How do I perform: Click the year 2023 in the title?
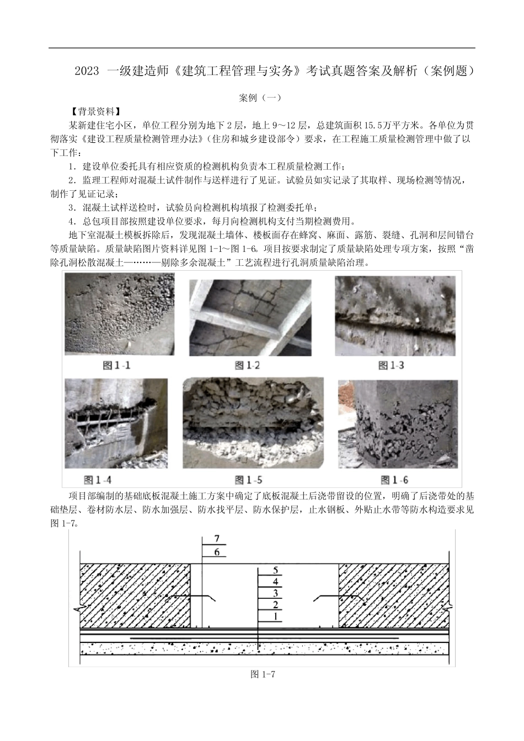coord(87,71)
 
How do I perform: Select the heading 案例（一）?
coord(261,98)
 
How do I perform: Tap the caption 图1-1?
coord(117,365)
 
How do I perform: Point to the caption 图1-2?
coord(247,365)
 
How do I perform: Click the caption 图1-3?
coord(391,365)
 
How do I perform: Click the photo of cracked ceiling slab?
coord(250,317)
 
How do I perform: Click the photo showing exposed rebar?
coord(116,422)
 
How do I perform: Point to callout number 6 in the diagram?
coord(216,551)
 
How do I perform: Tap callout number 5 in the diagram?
coord(275,570)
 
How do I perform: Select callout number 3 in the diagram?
coord(275,593)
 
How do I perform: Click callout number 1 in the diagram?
coord(275,616)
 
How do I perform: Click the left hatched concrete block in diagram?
coord(135,595)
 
